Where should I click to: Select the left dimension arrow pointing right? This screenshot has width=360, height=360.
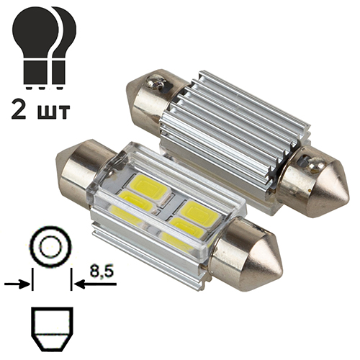17,285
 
